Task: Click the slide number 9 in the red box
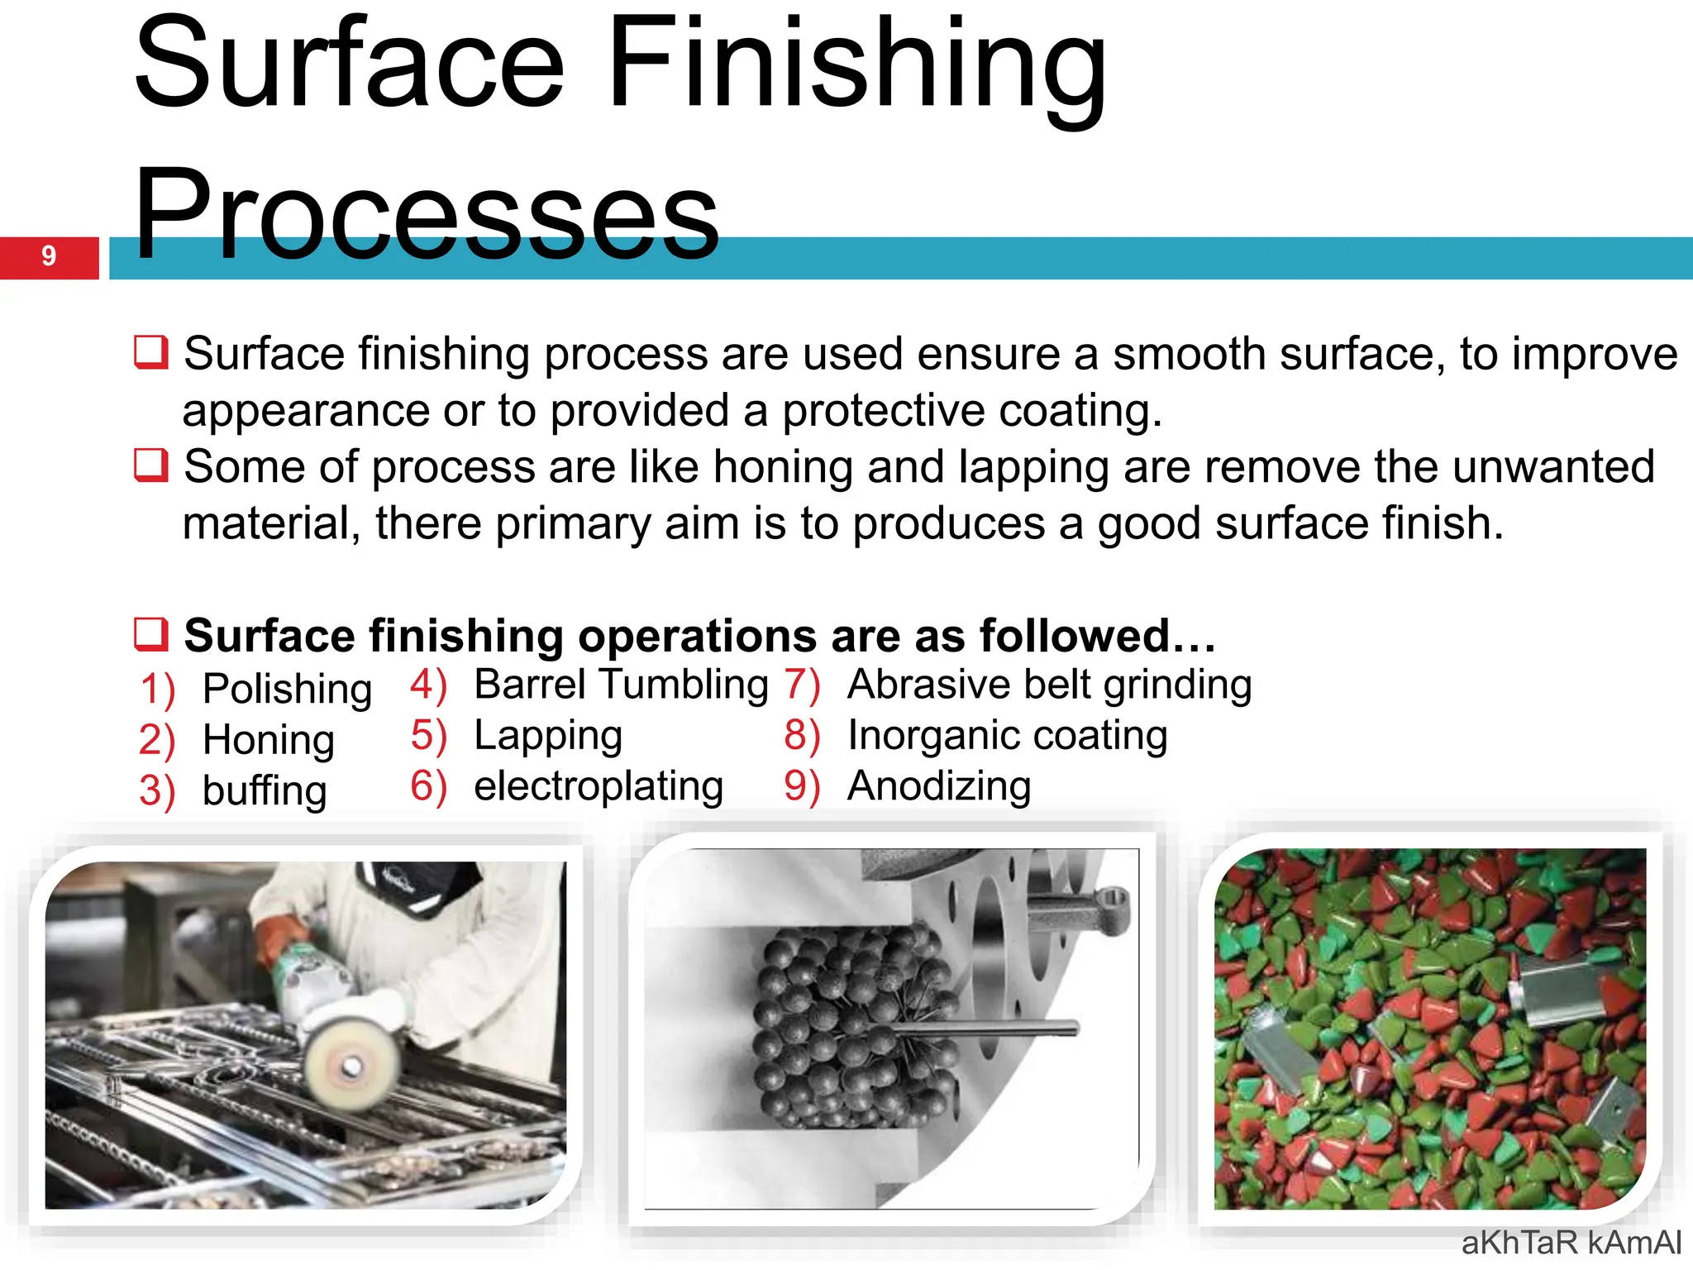(49, 256)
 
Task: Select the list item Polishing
(287, 689)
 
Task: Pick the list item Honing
(269, 739)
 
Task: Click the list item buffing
(265, 790)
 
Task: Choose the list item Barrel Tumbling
(621, 685)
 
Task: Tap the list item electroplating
(599, 785)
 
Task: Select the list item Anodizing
(939, 785)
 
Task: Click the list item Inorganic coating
(1007, 735)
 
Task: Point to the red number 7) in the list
(802, 685)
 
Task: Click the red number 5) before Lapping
(428, 736)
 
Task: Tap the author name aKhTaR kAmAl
(1571, 1243)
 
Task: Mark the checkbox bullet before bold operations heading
(151, 634)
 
